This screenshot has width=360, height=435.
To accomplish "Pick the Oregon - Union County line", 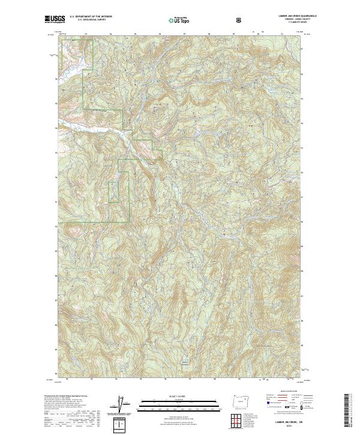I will pos(284,20).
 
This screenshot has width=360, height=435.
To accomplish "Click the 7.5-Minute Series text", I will pos(284,23).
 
